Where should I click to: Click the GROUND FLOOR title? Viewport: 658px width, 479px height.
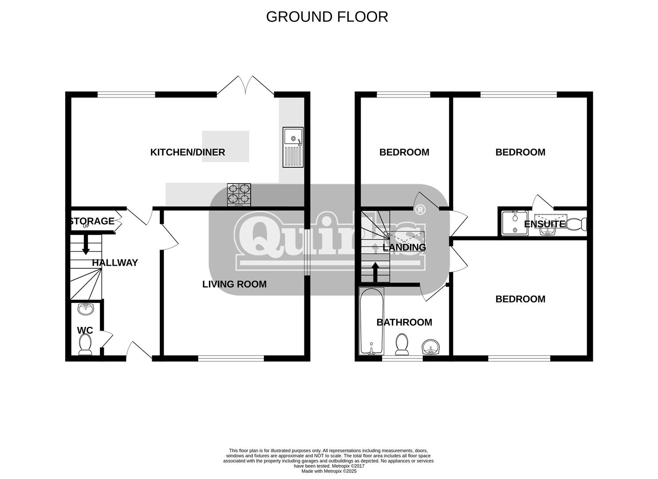click(x=327, y=17)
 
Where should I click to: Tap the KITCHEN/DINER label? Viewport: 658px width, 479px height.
click(x=188, y=152)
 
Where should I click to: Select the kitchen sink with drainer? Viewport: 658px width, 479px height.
click(x=293, y=147)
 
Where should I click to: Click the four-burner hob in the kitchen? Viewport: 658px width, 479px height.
click(x=239, y=195)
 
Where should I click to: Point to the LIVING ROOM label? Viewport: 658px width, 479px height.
click(x=234, y=284)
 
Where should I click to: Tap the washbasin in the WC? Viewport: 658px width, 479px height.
click(x=86, y=309)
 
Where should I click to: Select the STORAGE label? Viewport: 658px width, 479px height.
click(x=92, y=221)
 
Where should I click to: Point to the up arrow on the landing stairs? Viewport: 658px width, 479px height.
click(x=375, y=272)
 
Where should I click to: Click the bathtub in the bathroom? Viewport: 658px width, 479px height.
click(x=371, y=321)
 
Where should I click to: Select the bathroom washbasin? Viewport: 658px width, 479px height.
click(x=431, y=347)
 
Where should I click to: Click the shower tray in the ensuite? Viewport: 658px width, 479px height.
click(x=515, y=223)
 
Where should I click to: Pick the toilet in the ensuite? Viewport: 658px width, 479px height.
click(x=576, y=224)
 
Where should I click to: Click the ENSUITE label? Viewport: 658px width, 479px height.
click(x=544, y=224)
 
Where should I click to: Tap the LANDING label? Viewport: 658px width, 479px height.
click(x=404, y=247)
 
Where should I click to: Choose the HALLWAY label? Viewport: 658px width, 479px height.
click(x=115, y=263)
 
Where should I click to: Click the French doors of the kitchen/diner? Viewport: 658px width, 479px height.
click(x=245, y=85)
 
